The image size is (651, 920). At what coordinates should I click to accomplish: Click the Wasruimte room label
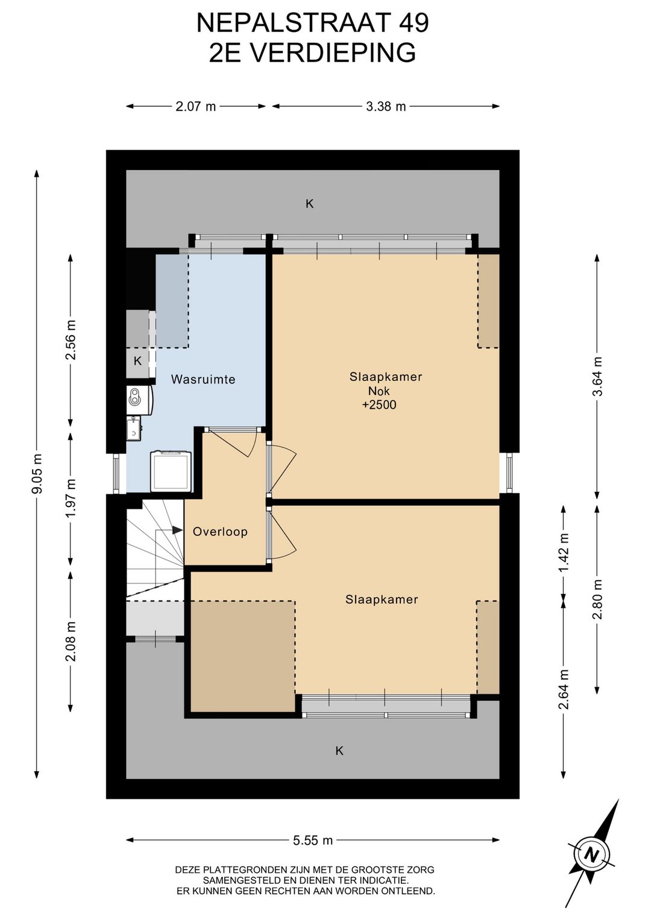(203, 379)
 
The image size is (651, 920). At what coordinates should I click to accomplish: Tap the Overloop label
(220, 532)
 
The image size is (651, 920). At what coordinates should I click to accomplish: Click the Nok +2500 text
(379, 399)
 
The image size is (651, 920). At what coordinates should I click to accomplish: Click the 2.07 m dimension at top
(195, 106)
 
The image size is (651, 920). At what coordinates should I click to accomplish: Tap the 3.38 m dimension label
(386, 106)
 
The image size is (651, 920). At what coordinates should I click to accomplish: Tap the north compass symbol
(592, 854)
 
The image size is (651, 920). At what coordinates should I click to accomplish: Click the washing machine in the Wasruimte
(171, 471)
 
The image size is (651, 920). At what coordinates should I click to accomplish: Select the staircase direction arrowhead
(177, 530)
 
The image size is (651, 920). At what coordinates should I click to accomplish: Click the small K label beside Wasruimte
(137, 361)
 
